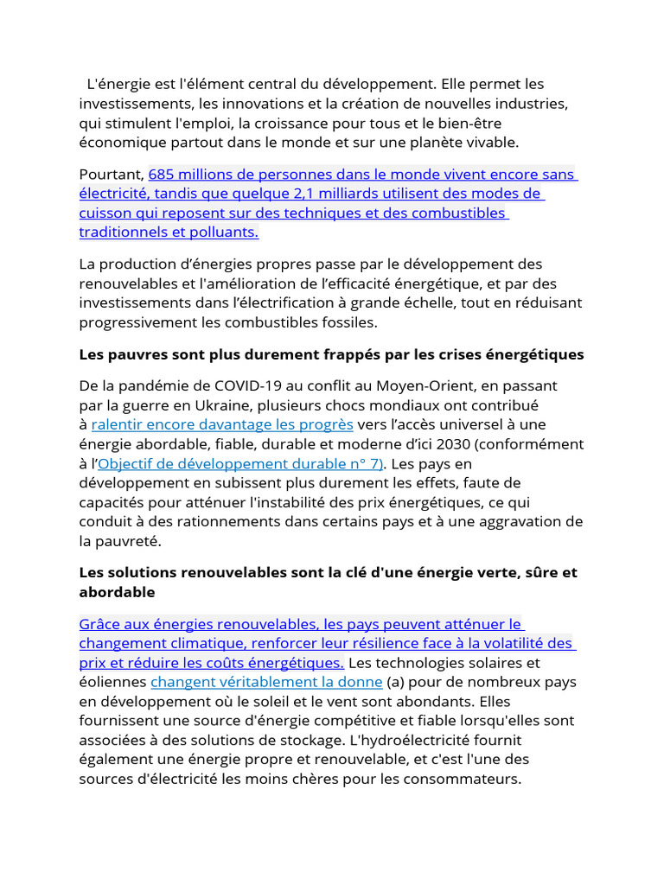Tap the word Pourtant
pyautogui.click(x=111, y=175)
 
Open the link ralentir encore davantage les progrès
pyautogui.click(x=222, y=424)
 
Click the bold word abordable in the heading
pyautogui.click(x=117, y=592)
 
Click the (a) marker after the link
pyautogui.click(x=396, y=682)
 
